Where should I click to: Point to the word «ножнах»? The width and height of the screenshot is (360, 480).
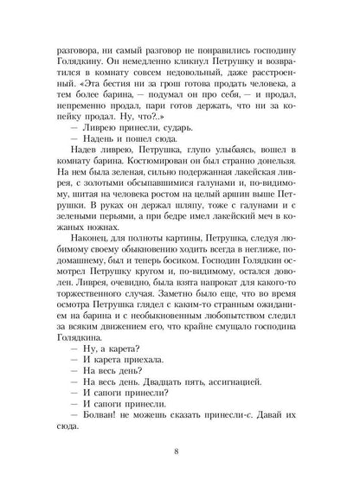(75, 234)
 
